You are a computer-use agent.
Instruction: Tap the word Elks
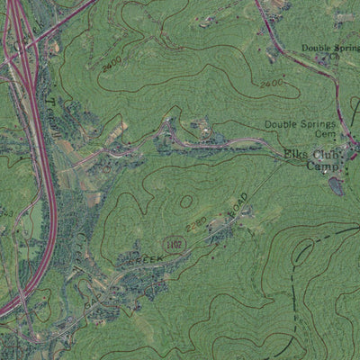pyautogui.click(x=295, y=154)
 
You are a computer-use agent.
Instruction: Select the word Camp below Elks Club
pyautogui.click(x=321, y=166)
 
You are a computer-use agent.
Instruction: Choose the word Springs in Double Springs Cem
pyautogui.click(x=315, y=123)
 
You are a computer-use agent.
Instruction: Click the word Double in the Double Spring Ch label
pyautogui.click(x=315, y=48)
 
